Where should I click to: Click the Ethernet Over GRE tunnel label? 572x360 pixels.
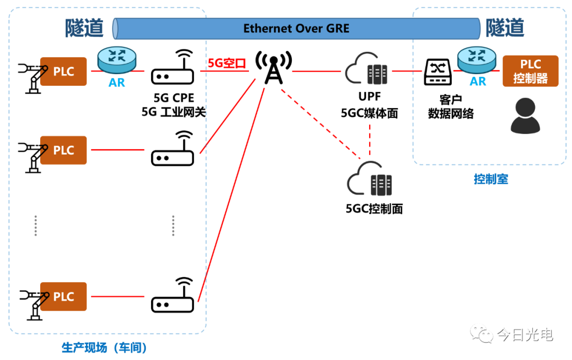pyautogui.click(x=296, y=29)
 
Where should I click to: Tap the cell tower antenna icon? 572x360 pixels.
pyautogui.click(x=273, y=68)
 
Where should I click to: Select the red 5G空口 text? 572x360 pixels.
pyautogui.click(x=227, y=64)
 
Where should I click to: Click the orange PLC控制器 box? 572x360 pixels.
pyautogui.click(x=530, y=71)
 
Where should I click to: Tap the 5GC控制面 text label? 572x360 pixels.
pyautogui.click(x=374, y=209)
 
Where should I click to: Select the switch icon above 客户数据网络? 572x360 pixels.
pyautogui.click(x=438, y=72)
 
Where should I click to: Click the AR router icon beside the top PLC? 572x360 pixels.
pyautogui.click(x=117, y=62)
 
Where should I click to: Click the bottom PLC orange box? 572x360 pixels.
pyautogui.click(x=64, y=296)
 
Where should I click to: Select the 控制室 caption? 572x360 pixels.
pyautogui.click(x=490, y=179)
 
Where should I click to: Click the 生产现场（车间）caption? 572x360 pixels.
pyautogui.click(x=104, y=348)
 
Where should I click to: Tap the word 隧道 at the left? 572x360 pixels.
pyautogui.click(x=84, y=28)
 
